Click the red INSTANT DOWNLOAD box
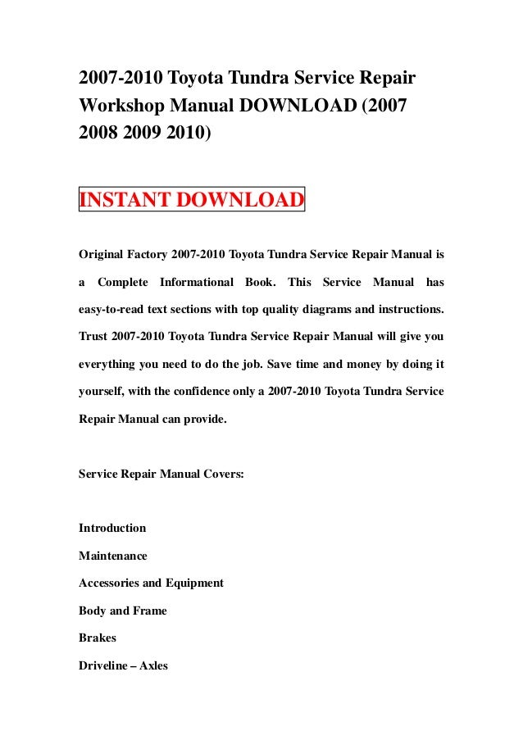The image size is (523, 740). coord(191,200)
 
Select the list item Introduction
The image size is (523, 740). coord(112,528)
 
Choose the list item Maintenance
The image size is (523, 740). coord(113,556)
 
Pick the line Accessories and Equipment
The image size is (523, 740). coord(151,583)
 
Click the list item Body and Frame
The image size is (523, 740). coord(123,611)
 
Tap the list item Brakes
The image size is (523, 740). coord(98,638)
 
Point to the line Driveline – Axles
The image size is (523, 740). coord(123,665)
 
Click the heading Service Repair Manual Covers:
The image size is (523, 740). coord(161,473)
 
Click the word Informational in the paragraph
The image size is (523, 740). coord(196,283)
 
